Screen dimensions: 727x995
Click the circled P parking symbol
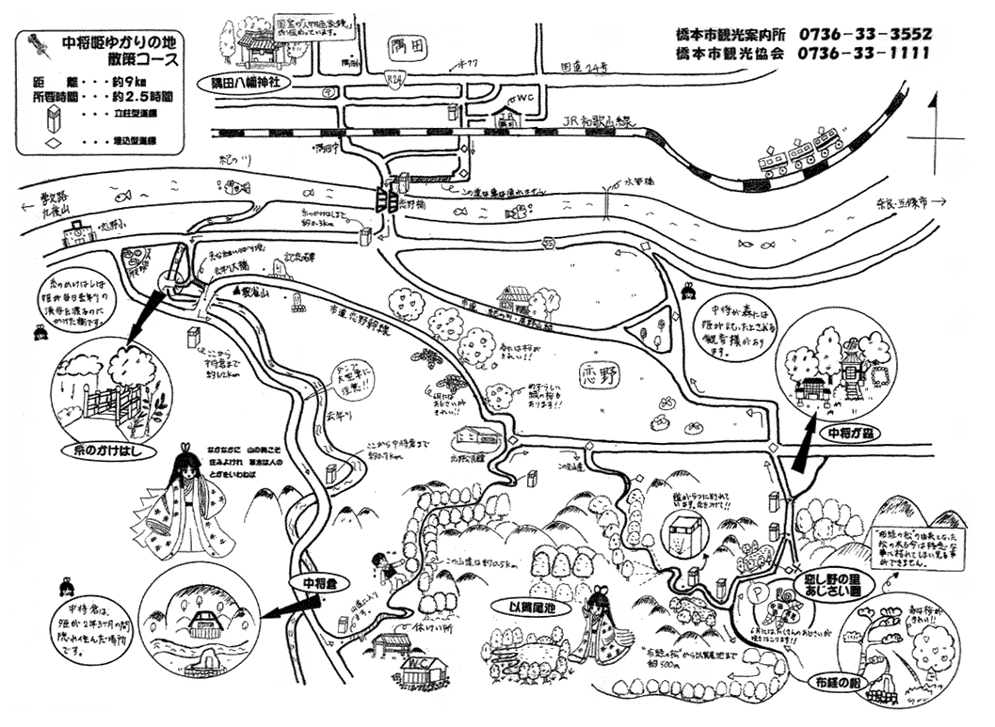759,594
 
